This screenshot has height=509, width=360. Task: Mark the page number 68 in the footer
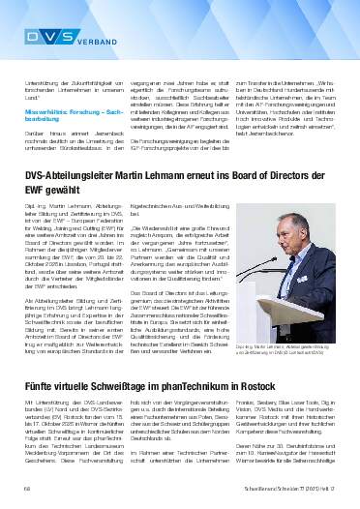click(28, 498)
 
